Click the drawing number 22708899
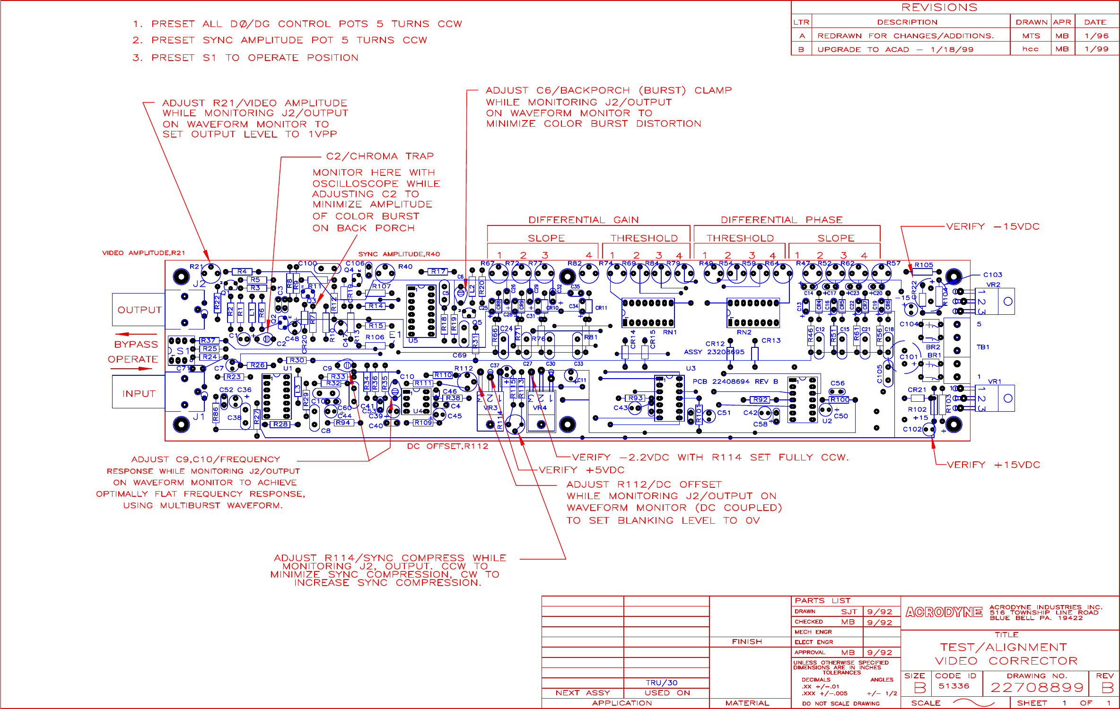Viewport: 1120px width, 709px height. pyautogui.click(x=1036, y=688)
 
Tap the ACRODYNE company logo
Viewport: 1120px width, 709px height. pyautogui.click(x=944, y=613)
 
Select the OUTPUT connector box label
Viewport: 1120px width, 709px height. pyautogui.click(x=140, y=310)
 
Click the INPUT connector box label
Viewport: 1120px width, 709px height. pyautogui.click(x=139, y=394)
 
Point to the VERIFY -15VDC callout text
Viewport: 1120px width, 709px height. pyautogui.click(x=993, y=227)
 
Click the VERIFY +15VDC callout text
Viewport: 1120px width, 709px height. pyautogui.click(x=993, y=465)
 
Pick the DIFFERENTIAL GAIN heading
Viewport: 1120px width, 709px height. pyautogui.click(x=583, y=220)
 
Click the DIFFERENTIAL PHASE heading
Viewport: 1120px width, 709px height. pyautogui.click(x=781, y=220)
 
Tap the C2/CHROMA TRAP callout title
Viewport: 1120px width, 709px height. pyautogui.click(x=380, y=156)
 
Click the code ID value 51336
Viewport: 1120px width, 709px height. pyautogui.click(x=954, y=686)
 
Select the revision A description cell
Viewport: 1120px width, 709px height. pyautogui.click(x=906, y=36)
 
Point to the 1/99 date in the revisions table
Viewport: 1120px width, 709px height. pyautogui.click(x=1096, y=49)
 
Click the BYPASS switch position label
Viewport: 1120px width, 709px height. pyautogui.click(x=136, y=345)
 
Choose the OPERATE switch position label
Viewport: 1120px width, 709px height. pyautogui.click(x=133, y=360)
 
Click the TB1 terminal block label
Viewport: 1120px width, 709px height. pyautogui.click(x=983, y=347)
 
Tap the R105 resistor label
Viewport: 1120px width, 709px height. pyautogui.click(x=924, y=265)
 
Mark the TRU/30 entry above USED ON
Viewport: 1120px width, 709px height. pyautogui.click(x=662, y=683)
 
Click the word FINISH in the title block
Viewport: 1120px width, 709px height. pyautogui.click(x=747, y=642)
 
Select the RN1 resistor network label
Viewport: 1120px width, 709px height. pyautogui.click(x=670, y=333)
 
